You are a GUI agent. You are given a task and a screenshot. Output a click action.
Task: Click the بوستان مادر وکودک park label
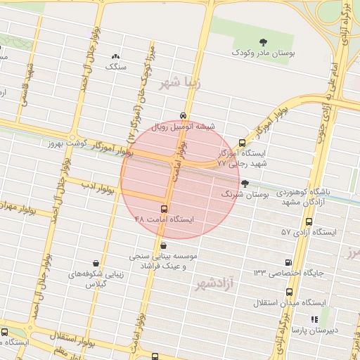click(x=264, y=53)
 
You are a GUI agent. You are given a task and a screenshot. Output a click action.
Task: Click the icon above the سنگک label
click(x=116, y=56)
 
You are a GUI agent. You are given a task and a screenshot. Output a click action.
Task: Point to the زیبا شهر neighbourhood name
click(x=180, y=83)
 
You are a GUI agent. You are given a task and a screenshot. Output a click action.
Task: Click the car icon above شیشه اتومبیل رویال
click(x=183, y=115)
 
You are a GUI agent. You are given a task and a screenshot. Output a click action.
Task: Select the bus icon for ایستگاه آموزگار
click(x=243, y=142)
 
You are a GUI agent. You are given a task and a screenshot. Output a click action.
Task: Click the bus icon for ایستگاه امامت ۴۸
click(x=165, y=209)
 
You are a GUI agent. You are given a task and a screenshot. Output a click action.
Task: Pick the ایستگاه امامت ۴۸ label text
click(x=164, y=219)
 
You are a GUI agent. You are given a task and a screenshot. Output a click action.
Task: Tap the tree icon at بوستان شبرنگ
click(x=244, y=184)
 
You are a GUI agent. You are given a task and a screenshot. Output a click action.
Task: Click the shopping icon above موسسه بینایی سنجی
click(x=164, y=245)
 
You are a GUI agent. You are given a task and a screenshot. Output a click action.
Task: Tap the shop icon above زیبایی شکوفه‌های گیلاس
click(x=95, y=262)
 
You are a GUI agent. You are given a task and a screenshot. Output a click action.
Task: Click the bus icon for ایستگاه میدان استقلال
click(x=288, y=292)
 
